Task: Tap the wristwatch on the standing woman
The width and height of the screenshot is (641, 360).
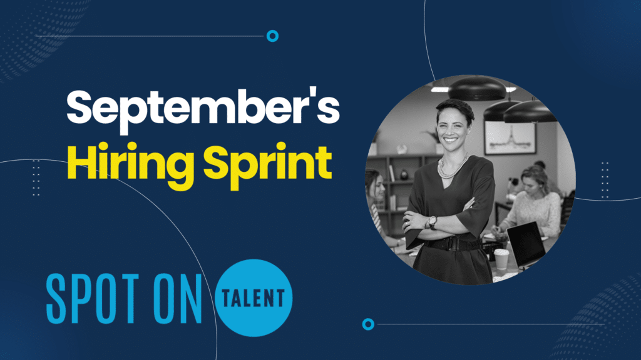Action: (x=432, y=222)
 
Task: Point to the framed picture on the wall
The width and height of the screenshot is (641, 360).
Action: (x=510, y=137)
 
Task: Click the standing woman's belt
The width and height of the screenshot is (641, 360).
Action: (x=452, y=244)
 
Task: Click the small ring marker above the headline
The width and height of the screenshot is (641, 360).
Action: (x=272, y=36)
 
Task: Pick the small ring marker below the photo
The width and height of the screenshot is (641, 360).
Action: (x=368, y=324)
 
